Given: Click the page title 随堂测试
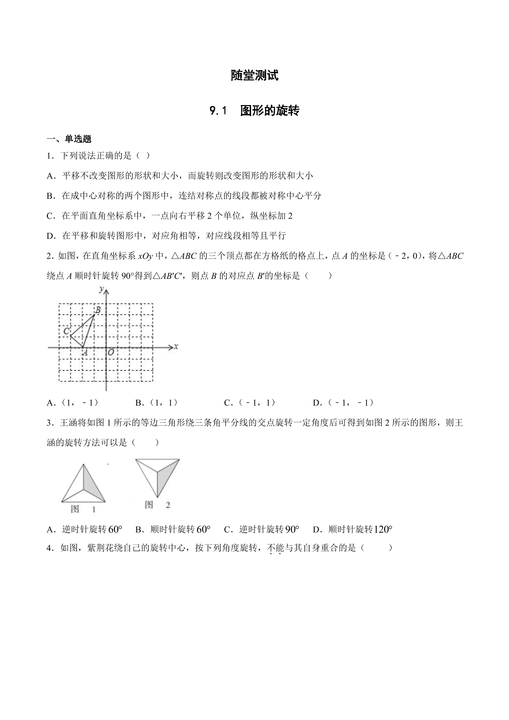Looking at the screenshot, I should (254, 76).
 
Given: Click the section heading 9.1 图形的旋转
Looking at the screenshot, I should (254, 111).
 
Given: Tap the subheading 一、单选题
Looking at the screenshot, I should (69, 139).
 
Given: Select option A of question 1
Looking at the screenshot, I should (180, 176).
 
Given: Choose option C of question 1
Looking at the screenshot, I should (170, 216).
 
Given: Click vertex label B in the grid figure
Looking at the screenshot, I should (97, 310).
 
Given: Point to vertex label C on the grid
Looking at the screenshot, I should (67, 331).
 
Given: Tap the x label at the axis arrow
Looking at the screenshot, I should (176, 346).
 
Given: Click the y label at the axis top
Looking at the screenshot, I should (101, 290).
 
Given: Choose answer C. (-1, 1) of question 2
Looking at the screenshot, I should (250, 403).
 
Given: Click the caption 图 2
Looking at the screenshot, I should (157, 505).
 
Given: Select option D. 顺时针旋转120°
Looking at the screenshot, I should (352, 529).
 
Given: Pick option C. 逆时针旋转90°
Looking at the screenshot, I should (262, 529).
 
